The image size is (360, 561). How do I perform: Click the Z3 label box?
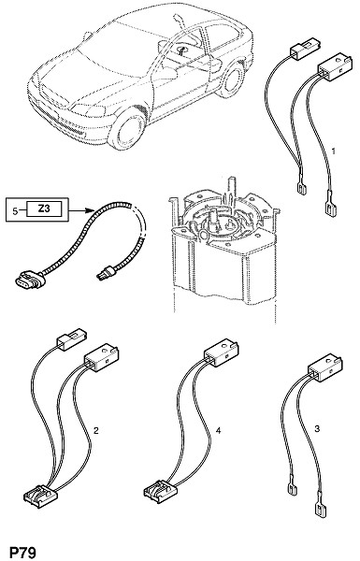point(44,209)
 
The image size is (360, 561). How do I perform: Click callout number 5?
point(15,211)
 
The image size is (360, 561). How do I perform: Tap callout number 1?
point(334,151)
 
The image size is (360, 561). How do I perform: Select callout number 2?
point(95,430)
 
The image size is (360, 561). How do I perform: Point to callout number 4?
point(218,430)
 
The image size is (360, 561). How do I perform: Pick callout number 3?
point(317,428)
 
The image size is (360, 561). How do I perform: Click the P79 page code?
point(22,552)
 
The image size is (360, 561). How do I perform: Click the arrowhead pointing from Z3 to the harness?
point(90,211)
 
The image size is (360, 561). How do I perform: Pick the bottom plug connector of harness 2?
point(40,496)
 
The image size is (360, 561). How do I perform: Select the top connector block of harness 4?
point(222,352)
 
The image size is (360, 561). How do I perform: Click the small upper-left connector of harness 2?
point(71,338)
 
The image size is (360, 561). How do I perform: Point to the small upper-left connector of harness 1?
point(306,51)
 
